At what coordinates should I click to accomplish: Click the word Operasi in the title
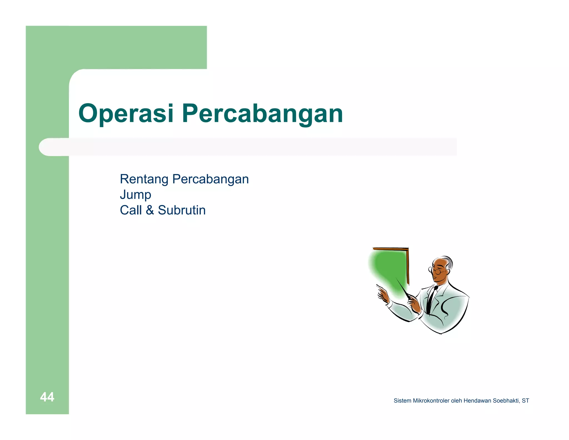click(126, 113)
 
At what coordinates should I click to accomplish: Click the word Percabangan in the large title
click(262, 113)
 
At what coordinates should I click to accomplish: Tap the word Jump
click(135, 195)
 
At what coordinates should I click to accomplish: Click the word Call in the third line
click(131, 210)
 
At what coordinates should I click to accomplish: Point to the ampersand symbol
click(150, 210)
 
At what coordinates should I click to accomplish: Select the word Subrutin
click(182, 210)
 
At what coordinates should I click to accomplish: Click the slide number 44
click(47, 397)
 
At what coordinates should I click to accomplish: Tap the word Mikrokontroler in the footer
click(431, 401)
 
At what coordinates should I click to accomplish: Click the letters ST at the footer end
click(525, 401)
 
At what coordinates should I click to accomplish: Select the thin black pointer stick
click(402, 289)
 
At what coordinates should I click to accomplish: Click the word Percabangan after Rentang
click(210, 179)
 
